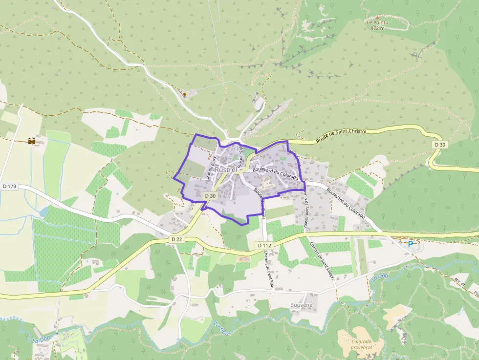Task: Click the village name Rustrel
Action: coord(225,169)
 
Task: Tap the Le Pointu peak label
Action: coord(377,22)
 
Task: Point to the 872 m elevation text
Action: coord(377,28)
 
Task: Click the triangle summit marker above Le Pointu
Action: coord(377,17)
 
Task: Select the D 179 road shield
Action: coord(9,186)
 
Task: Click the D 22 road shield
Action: coord(177,239)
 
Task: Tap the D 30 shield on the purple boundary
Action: coord(210,195)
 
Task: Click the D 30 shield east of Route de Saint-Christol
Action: coord(440,145)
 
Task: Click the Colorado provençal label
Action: coord(362,344)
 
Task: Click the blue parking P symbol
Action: coord(410,244)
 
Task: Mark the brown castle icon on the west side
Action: coord(32,141)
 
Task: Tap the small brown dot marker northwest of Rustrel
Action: coord(184,94)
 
